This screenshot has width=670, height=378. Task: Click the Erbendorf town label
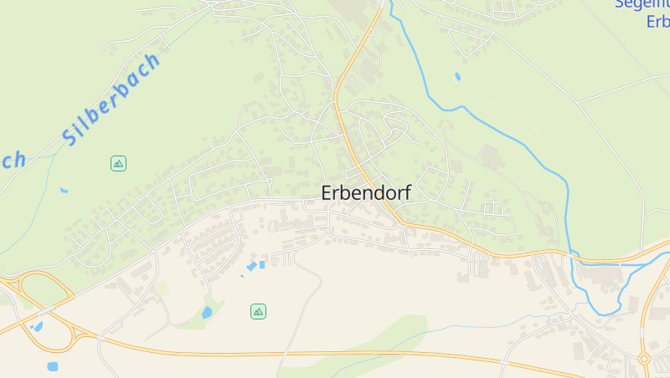[x=366, y=192]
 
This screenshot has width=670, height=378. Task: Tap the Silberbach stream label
[x=112, y=99]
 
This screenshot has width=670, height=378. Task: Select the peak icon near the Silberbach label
[x=118, y=163]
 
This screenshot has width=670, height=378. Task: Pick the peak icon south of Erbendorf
[x=258, y=311]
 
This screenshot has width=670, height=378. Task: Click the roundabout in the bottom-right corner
[x=644, y=359]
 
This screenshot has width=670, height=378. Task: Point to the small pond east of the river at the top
[x=457, y=76]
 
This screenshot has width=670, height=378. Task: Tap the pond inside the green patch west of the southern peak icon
[x=207, y=313]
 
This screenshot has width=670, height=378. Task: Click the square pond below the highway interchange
[x=53, y=366]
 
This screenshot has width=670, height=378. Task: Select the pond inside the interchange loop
[x=37, y=326]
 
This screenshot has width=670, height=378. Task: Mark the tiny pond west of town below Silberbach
[x=64, y=191]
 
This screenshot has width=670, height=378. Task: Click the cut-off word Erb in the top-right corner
[x=657, y=22]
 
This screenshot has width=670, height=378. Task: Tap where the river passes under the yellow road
[x=573, y=251]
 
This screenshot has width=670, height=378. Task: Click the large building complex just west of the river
[x=490, y=157]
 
